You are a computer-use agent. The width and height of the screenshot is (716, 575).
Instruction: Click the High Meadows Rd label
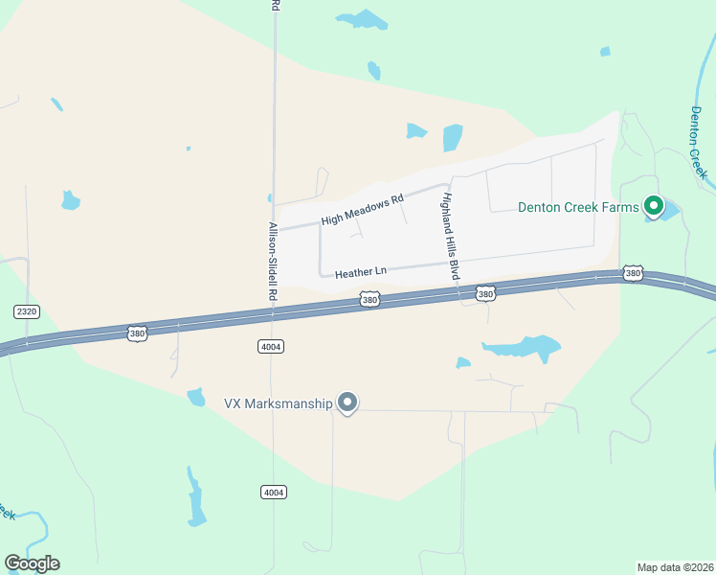pos(363,211)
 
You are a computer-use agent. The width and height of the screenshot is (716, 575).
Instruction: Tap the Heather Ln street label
pos(360,272)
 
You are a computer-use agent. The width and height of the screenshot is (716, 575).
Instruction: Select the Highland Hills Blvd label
pos(449,236)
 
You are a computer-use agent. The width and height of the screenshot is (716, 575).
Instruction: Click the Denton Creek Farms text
pos(578,206)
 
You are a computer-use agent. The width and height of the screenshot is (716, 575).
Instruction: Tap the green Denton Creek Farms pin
pos(654,205)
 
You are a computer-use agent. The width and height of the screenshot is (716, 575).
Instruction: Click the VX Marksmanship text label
pos(278,403)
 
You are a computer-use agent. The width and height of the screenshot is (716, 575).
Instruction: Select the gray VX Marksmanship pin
pos(348,402)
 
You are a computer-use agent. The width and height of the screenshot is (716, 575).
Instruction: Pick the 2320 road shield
pos(26,311)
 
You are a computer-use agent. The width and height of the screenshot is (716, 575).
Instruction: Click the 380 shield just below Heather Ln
pos(370,300)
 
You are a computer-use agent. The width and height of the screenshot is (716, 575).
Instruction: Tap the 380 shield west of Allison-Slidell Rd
pos(138,333)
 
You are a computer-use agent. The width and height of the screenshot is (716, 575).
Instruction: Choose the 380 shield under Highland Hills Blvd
pos(486,293)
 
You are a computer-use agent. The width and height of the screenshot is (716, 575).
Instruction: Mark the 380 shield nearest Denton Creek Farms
pos(632,273)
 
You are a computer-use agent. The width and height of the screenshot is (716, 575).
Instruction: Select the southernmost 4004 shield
pos(273,492)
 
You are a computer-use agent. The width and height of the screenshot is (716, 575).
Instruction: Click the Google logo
pos(32,563)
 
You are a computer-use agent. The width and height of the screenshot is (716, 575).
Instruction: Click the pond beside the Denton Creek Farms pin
pos(669,211)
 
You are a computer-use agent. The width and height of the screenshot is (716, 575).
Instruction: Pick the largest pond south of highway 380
pos(523,347)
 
